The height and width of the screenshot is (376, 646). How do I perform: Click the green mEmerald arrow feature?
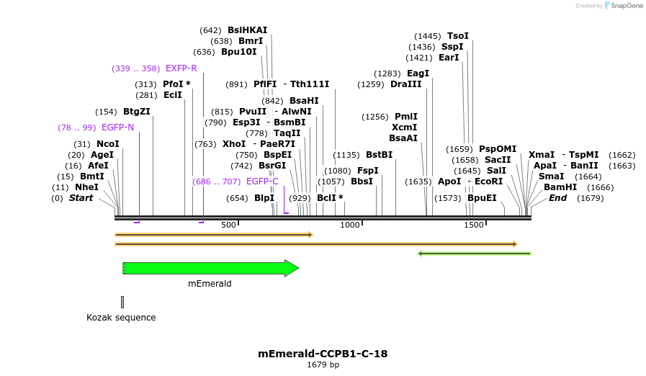209,269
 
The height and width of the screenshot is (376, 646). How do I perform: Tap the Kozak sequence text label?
121,318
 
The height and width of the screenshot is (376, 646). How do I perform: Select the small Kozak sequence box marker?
122,302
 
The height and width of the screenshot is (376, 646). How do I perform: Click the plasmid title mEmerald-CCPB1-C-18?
323,354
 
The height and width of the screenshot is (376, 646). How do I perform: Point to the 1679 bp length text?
323,365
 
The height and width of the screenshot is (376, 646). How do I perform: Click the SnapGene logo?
624,6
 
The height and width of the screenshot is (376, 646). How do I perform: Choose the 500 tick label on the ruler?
228,225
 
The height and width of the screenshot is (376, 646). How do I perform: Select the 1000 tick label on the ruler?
350,225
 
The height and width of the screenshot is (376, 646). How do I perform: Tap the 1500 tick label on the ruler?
473,225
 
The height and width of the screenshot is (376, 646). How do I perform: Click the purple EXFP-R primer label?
181,68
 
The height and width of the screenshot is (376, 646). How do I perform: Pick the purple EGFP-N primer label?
117,127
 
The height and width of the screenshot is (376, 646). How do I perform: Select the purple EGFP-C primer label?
262,182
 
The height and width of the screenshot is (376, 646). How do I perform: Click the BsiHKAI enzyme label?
247,30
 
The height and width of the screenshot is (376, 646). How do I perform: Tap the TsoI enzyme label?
457,36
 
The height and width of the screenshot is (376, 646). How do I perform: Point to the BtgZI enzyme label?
137,112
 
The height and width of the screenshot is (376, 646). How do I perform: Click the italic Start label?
81,198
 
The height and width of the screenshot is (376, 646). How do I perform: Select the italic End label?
557,198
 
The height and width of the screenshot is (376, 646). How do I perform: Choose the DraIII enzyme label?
406,84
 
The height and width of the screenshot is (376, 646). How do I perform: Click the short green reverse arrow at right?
475,254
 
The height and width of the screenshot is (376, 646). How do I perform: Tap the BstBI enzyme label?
379,155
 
